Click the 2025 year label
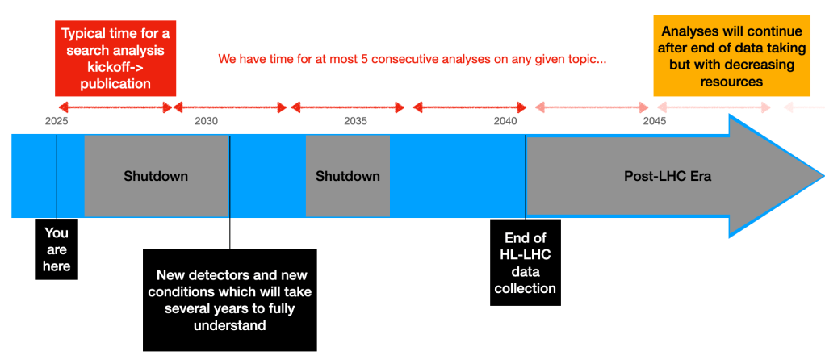click(x=57, y=122)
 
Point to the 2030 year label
click(x=206, y=122)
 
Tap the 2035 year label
click(x=355, y=122)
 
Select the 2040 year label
click(x=505, y=122)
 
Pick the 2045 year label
click(x=655, y=122)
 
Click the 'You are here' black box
click(x=57, y=249)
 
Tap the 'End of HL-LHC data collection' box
click(x=525, y=262)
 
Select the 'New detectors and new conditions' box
click(x=230, y=300)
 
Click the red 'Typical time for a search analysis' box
click(x=115, y=58)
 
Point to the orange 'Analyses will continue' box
click(x=732, y=56)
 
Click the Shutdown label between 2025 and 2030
click(x=156, y=176)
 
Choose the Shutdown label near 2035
click(x=348, y=176)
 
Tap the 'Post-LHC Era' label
click(x=668, y=176)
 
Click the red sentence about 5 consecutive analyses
click(x=412, y=58)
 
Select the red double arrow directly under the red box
click(x=115, y=108)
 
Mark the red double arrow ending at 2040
click(x=470, y=108)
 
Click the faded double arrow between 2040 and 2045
click(x=592, y=108)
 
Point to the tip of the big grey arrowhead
click(x=824, y=176)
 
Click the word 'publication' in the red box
click(x=115, y=83)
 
